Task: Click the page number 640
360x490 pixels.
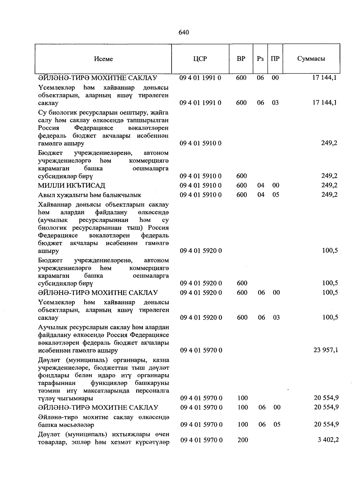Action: [183, 32]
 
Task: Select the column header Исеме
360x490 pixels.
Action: [103, 59]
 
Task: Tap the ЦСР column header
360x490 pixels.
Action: [200, 59]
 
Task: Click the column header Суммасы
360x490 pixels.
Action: [311, 59]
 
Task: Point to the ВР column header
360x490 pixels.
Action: [241, 59]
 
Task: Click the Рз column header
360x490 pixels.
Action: [260, 59]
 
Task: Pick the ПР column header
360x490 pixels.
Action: [275, 59]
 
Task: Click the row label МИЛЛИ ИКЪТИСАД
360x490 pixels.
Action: [72, 185]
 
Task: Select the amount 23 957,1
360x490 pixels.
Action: [325, 350]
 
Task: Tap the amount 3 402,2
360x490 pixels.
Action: [328, 440]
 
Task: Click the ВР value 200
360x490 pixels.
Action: [243, 440]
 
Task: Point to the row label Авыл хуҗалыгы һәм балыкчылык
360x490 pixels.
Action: [90, 195]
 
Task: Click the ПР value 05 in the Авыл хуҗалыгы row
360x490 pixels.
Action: [276, 195]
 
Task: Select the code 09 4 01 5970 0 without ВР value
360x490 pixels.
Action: [201, 350]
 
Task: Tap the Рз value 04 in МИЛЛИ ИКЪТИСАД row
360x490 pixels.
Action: [261, 185]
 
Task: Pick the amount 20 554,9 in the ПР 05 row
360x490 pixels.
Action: [326, 424]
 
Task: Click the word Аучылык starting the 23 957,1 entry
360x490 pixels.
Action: [51, 327]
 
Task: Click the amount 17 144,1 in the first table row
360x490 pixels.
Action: [325, 78]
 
